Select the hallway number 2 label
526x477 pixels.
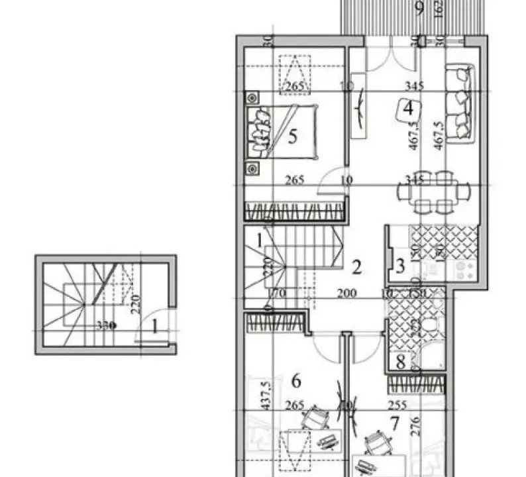[x=356, y=268]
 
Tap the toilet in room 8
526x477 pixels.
[x=431, y=327]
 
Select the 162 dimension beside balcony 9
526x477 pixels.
[x=439, y=9]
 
